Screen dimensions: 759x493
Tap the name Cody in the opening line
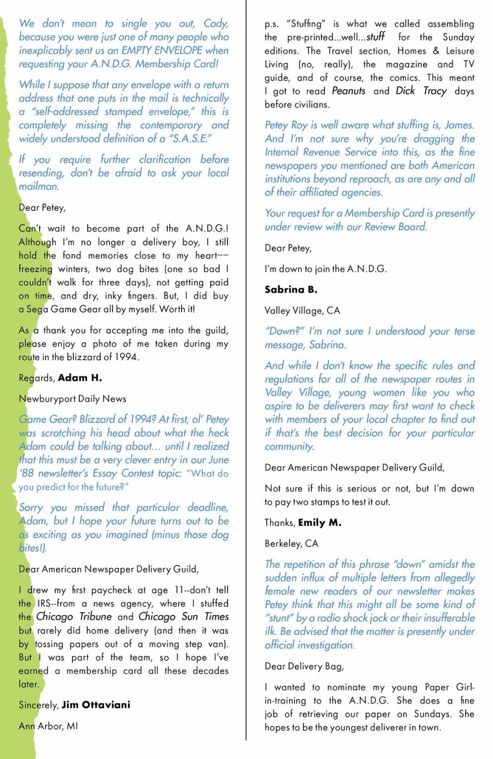point(215,23)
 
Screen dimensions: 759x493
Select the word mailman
point(39,187)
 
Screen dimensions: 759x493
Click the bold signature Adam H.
point(80,378)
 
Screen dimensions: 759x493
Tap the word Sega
point(37,309)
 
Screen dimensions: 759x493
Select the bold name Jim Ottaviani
point(96,705)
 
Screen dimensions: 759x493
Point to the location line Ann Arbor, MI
point(48,726)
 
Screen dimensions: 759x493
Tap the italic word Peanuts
point(349,91)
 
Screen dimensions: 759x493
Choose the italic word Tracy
point(434,91)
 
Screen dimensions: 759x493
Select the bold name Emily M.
point(319,523)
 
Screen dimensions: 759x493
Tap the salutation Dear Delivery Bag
point(304,666)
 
